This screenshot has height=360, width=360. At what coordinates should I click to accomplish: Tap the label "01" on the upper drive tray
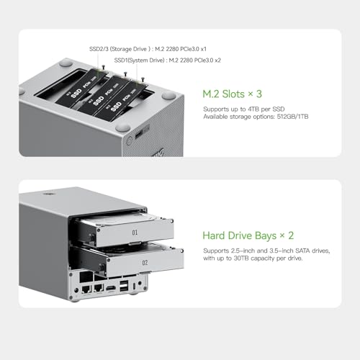(x=134, y=233)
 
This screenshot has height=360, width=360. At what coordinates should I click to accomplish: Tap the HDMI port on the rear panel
(x=112, y=288)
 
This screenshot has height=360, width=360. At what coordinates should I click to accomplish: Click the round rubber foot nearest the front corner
(x=168, y=96)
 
